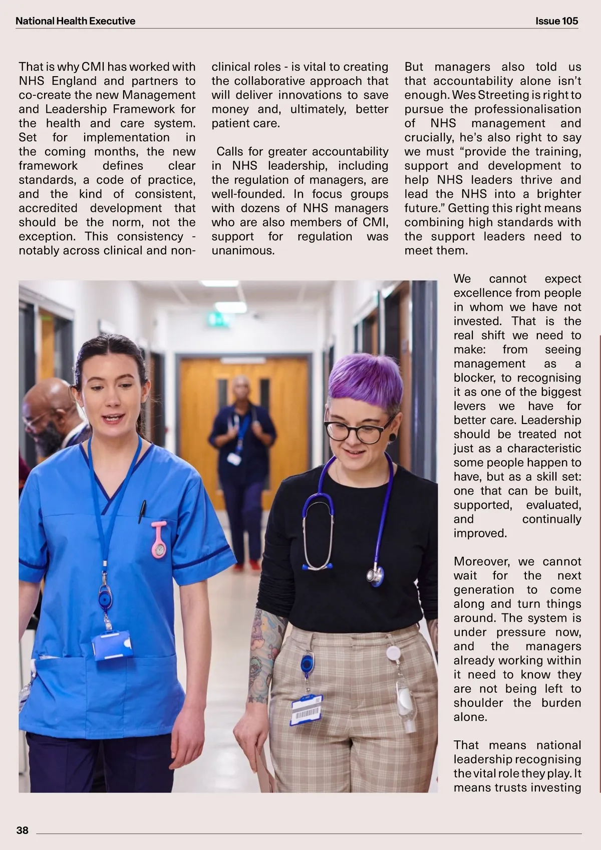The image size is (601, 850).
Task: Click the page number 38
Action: [x=23, y=830]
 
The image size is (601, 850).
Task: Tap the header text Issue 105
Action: [x=556, y=21]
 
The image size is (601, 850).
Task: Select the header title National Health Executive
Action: [x=75, y=21]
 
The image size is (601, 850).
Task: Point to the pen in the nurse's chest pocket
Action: [x=142, y=511]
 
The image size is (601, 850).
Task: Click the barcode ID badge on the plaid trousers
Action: [x=307, y=709]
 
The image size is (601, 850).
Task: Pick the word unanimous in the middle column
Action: [x=243, y=251]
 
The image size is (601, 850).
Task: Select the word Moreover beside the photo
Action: [x=481, y=561]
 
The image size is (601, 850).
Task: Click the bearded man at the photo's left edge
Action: [x=48, y=416]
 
